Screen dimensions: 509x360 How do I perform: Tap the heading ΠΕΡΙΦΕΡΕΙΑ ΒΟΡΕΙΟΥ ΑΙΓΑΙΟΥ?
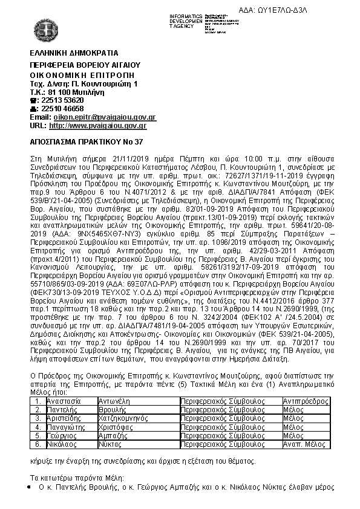[x=85, y=64]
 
